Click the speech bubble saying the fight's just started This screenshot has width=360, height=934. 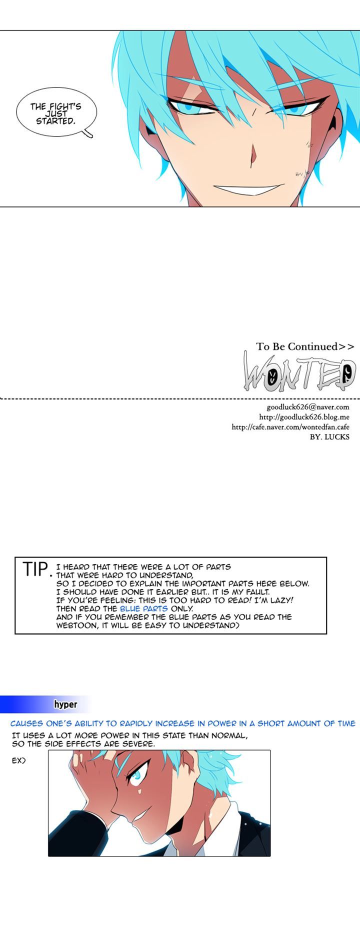click(x=55, y=113)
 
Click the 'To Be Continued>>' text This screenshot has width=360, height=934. click(x=305, y=346)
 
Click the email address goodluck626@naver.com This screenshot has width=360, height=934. click(x=301, y=407)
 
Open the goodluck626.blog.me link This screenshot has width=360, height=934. click(x=304, y=417)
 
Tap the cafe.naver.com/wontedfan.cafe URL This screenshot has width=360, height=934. click(x=290, y=427)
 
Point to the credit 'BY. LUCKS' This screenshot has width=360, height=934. click(x=330, y=437)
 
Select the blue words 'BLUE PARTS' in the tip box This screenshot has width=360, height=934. click(x=143, y=608)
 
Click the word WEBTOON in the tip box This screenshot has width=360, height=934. click(x=78, y=625)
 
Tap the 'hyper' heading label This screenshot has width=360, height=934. click(x=65, y=704)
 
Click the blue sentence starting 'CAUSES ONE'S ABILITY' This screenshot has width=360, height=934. click(x=182, y=723)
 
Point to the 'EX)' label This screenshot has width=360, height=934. click(x=18, y=760)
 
